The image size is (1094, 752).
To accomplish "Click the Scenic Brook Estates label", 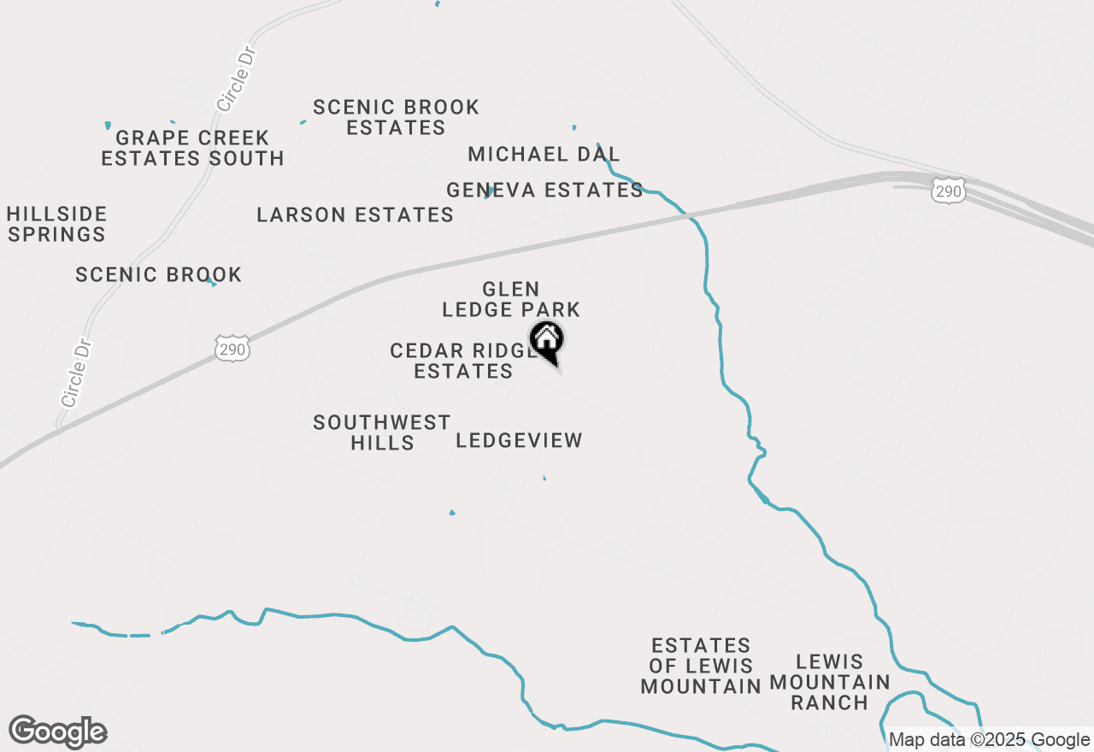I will (x=396, y=118).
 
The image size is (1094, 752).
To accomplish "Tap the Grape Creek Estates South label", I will (x=192, y=148).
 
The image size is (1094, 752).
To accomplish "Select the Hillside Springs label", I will (x=57, y=224).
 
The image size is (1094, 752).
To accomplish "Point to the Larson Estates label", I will (x=356, y=214).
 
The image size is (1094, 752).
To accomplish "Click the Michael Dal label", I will (x=544, y=155).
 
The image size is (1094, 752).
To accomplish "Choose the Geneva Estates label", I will (x=544, y=190).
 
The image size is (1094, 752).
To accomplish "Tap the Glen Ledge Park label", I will (x=511, y=299).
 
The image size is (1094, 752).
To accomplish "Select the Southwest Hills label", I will (x=382, y=432).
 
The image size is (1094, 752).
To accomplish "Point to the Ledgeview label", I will (x=519, y=441).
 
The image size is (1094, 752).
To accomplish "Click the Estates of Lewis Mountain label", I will (x=701, y=666).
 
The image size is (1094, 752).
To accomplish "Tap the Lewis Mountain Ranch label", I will (x=830, y=682).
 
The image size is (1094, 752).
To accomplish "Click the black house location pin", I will (x=547, y=343).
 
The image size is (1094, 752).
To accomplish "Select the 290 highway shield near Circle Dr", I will (x=232, y=349).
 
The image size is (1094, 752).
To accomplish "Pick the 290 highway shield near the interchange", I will (x=949, y=191).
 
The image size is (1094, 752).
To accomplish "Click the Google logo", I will (x=58, y=732).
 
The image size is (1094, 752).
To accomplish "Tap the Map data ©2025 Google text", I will (x=989, y=740).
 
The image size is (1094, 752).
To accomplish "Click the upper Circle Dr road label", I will (x=238, y=79).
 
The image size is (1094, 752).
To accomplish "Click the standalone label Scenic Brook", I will (x=159, y=274).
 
